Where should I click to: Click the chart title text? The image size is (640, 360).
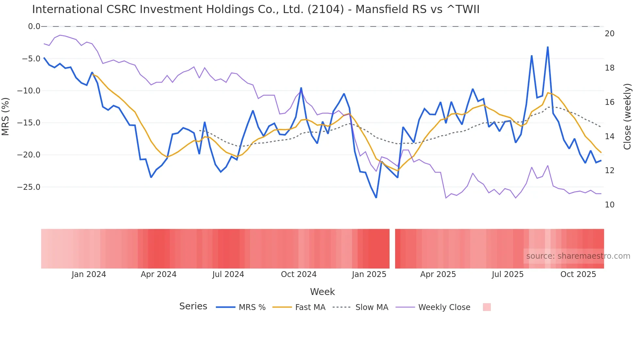pyautogui.click(x=256, y=9)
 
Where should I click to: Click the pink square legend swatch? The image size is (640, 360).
pyautogui.click(x=487, y=307)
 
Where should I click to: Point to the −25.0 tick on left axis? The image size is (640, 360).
pyautogui.click(x=29, y=187)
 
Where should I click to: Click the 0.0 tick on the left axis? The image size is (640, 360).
pyautogui.click(x=34, y=26)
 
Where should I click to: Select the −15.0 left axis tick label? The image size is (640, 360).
pyautogui.click(x=29, y=123)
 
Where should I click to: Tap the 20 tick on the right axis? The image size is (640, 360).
pyautogui.click(x=609, y=34)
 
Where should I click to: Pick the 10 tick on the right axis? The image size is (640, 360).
pyautogui.click(x=609, y=205)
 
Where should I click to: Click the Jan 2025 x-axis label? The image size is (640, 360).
pyautogui.click(x=369, y=274)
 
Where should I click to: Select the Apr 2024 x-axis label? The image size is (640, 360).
pyautogui.click(x=158, y=274)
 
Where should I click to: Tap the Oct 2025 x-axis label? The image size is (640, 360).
pyautogui.click(x=578, y=274)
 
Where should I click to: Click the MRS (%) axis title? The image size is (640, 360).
pyautogui.click(x=6, y=116)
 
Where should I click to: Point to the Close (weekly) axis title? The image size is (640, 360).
pyautogui.click(x=627, y=117)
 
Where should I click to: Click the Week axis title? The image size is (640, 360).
pyautogui.click(x=322, y=292)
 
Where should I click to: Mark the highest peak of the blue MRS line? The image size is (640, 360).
pyautogui.click(x=548, y=47)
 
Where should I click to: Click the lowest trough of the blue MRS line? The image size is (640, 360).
pyautogui.click(x=376, y=198)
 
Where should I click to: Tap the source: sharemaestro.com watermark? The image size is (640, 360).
pyautogui.click(x=578, y=256)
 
